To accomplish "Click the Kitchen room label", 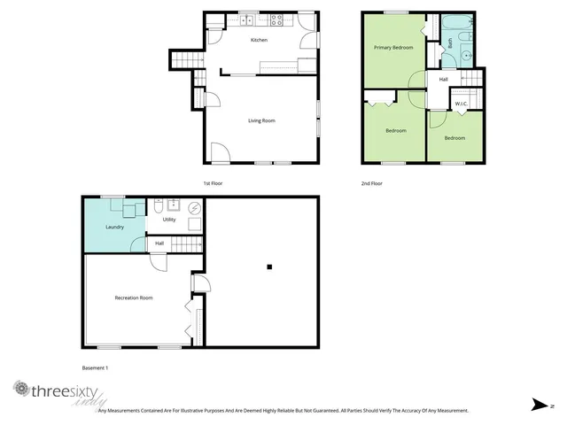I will click(x=259, y=41).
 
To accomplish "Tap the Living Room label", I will click(x=260, y=120).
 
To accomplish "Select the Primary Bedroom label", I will click(x=392, y=47).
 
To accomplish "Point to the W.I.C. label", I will click(x=461, y=104).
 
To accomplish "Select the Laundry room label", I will click(x=114, y=227).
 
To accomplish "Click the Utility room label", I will click(x=168, y=219).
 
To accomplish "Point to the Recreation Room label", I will click(x=134, y=297).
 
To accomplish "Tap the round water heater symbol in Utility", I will click(x=194, y=209).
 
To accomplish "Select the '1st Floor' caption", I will click(x=213, y=183).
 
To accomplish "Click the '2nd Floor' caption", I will click(x=371, y=183).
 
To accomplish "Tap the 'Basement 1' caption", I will click(x=95, y=367).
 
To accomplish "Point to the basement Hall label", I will click(x=159, y=243).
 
